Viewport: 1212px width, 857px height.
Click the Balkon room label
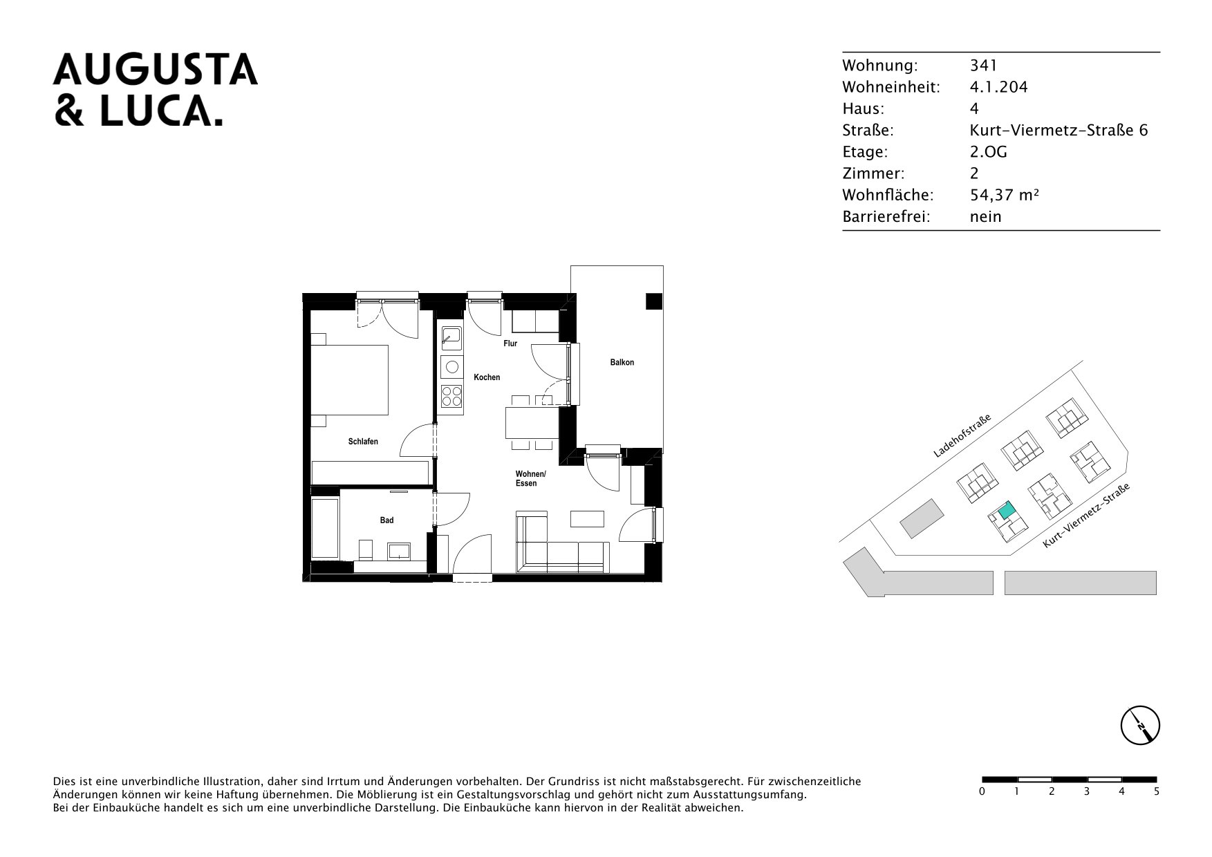click(622, 362)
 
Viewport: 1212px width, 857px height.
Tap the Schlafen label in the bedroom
click(363, 442)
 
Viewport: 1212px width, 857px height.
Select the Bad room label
click(386, 520)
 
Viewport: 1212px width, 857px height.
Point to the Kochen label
click(487, 377)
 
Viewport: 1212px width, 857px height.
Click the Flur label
click(510, 343)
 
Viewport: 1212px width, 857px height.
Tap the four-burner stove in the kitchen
click(451, 396)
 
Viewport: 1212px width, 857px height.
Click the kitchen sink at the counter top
click(451, 337)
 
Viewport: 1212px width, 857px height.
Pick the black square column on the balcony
click(653, 301)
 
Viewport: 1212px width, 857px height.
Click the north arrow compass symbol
click(1139, 726)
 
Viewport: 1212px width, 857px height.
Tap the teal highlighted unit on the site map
click(1005, 511)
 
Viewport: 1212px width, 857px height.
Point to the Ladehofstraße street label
click(962, 437)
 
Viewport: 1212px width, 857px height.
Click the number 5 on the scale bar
click(1156, 792)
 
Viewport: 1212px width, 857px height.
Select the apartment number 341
click(984, 66)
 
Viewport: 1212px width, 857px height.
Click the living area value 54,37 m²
click(1005, 195)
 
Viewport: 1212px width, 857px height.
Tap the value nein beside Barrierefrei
click(986, 216)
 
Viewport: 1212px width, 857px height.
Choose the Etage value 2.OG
click(989, 152)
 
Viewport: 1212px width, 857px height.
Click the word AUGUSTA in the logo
click(156, 70)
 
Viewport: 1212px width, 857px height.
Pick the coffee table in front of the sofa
click(587, 519)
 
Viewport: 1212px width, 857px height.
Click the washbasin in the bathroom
click(399, 551)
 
